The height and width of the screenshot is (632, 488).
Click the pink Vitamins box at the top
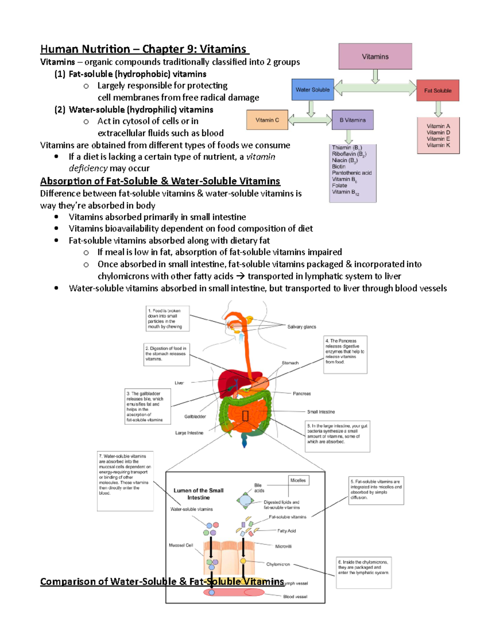(x=375, y=57)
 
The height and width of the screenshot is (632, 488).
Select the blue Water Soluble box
(x=312, y=90)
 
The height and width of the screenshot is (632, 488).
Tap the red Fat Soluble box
(x=438, y=90)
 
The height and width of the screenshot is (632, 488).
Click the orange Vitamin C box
(x=267, y=120)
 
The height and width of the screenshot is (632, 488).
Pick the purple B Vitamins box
(x=353, y=120)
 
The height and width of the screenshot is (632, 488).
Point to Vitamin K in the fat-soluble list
(x=438, y=145)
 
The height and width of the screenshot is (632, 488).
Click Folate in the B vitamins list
(x=340, y=186)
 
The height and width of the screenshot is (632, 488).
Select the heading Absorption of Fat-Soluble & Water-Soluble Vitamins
(x=160, y=181)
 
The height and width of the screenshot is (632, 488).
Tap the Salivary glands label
(x=301, y=327)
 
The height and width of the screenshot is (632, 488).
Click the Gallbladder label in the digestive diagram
(x=195, y=416)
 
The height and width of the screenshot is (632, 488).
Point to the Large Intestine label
(x=189, y=433)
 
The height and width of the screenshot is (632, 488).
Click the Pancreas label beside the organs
(x=301, y=394)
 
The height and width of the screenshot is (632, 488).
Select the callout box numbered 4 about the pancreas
(x=345, y=354)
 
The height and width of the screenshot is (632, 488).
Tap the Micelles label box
(x=298, y=481)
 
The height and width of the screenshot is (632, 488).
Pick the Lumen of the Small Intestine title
(x=198, y=494)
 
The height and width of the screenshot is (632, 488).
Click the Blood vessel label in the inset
(x=295, y=597)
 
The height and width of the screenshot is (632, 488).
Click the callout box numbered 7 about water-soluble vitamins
(x=125, y=480)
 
